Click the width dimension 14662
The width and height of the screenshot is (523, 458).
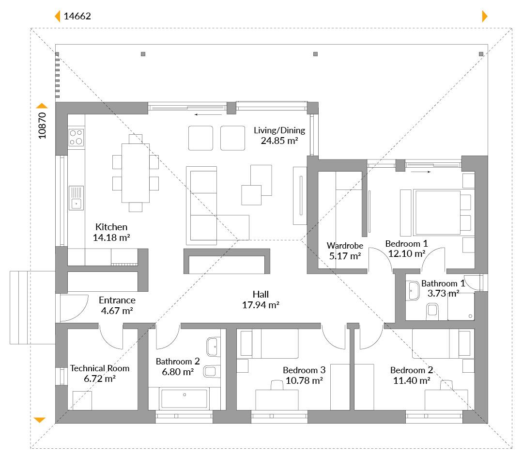(x=77, y=16)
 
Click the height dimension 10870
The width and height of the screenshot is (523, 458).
(x=42, y=126)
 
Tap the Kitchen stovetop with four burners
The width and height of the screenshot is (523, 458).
(x=76, y=137)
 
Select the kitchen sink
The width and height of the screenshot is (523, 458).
(x=76, y=198)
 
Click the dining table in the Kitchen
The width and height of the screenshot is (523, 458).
(x=136, y=173)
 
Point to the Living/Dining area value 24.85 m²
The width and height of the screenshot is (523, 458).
(x=279, y=141)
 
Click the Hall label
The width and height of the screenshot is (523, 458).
(x=261, y=295)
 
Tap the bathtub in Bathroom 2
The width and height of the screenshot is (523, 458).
(x=185, y=398)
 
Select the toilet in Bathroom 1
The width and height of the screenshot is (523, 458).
(x=432, y=310)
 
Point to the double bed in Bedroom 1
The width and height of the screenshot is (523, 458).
(x=437, y=212)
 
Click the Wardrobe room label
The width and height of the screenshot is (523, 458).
(x=345, y=246)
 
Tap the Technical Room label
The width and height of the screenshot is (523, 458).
(x=100, y=368)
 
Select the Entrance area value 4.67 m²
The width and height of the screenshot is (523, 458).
(x=117, y=311)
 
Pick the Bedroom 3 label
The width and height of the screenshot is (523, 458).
(x=304, y=370)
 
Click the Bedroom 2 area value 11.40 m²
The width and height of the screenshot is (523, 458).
(x=412, y=380)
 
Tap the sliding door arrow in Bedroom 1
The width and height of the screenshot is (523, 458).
(x=421, y=172)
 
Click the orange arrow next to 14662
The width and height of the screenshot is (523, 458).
(x=57, y=16)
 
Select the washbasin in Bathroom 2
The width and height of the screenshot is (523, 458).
(x=213, y=347)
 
